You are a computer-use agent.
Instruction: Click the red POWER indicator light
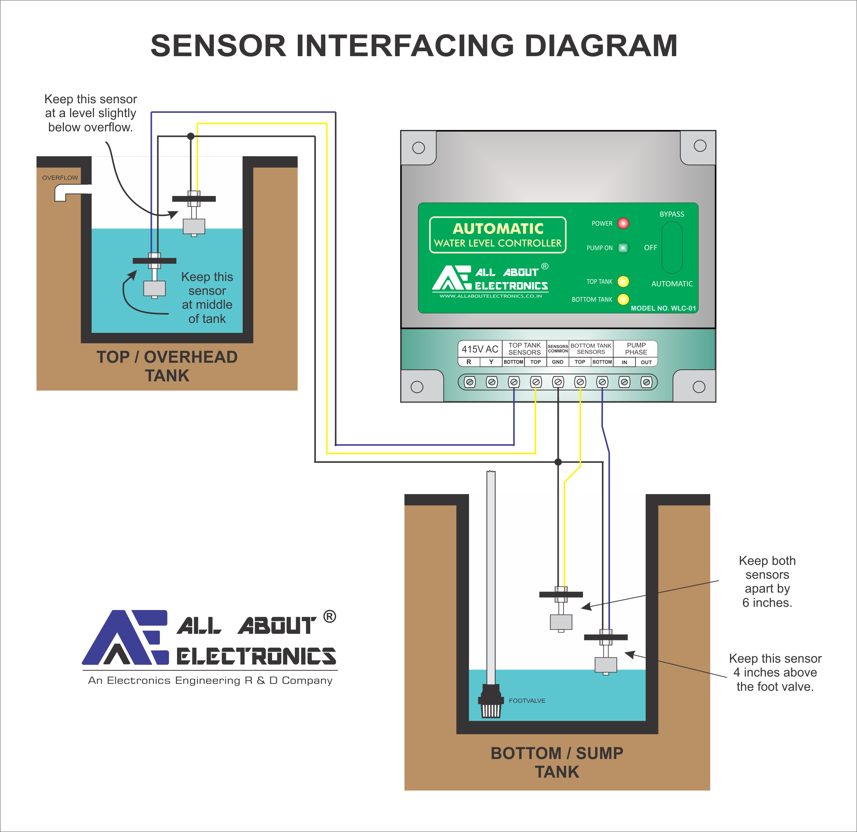(623, 223)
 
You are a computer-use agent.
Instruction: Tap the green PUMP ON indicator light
(623, 248)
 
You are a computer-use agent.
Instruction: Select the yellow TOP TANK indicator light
(623, 282)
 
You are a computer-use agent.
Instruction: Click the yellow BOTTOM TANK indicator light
(623, 300)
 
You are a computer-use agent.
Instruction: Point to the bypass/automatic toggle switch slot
(672, 247)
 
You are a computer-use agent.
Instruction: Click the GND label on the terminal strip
(557, 362)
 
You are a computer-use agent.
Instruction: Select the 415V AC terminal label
(480, 349)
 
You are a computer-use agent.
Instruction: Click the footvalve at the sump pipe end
(491, 702)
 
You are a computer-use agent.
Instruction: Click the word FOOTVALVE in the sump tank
(527, 700)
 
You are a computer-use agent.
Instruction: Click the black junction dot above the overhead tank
(191, 136)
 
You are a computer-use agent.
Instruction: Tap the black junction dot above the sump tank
(558, 462)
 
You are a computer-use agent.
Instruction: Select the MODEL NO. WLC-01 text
(663, 308)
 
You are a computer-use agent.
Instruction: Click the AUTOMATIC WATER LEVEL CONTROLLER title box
(497, 235)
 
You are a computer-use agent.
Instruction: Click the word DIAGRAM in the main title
(601, 46)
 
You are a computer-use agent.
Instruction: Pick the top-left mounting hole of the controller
(418, 148)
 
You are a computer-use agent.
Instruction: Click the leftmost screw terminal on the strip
(470, 382)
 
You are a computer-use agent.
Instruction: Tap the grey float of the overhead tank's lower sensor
(154, 289)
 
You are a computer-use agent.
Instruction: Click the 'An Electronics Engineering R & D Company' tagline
(210, 680)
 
